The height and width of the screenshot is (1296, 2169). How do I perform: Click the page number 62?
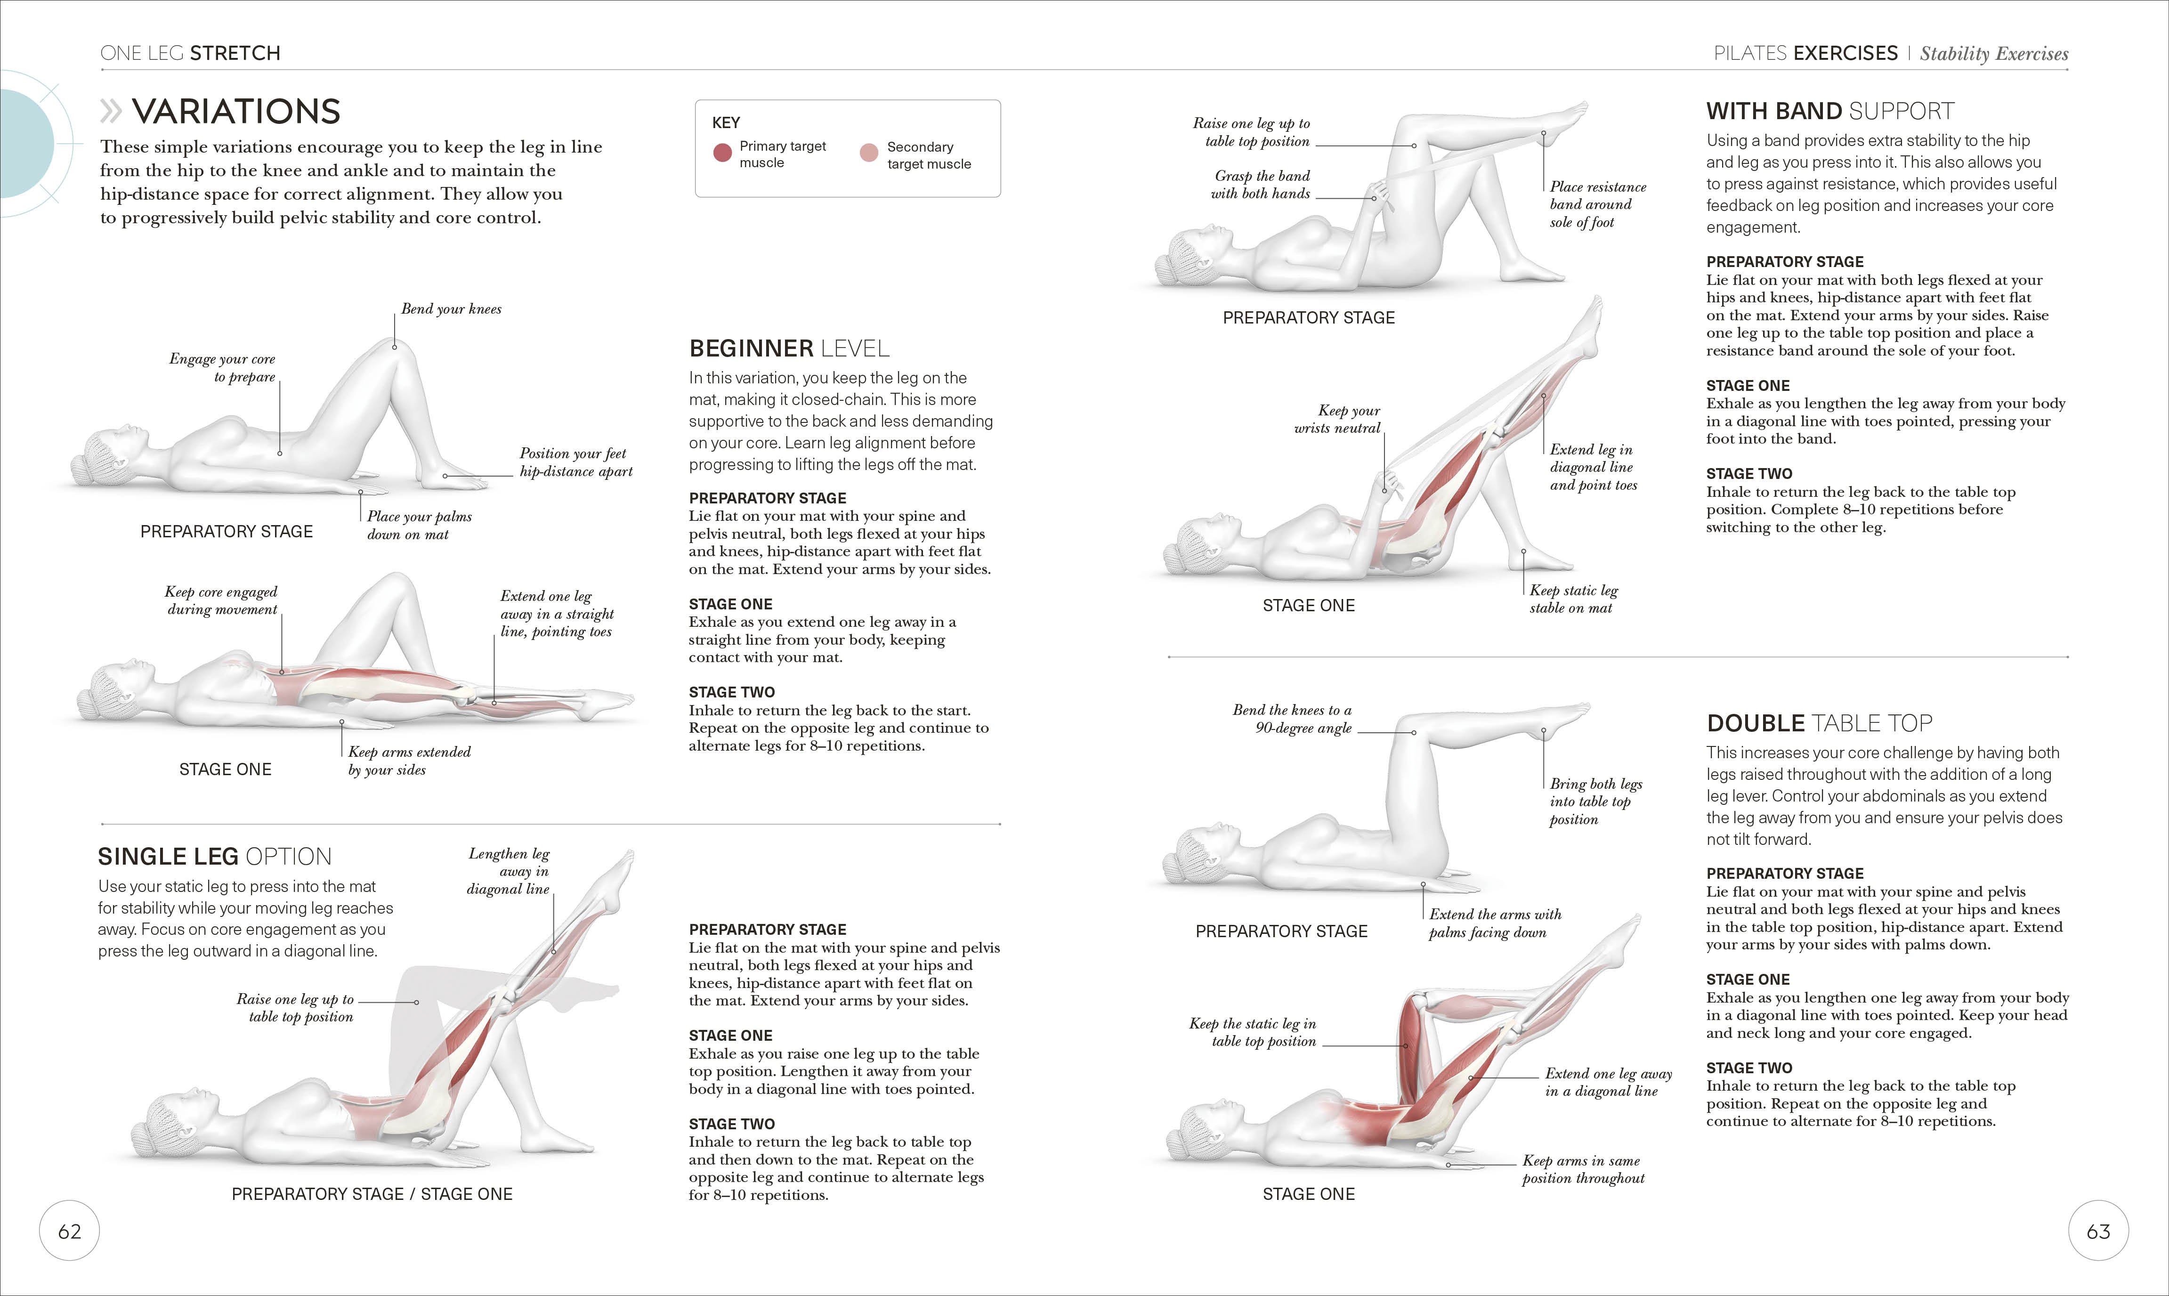point(69,1231)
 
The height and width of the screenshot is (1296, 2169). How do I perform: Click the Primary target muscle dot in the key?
point(722,154)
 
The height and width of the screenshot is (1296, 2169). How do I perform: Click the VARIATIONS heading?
point(236,112)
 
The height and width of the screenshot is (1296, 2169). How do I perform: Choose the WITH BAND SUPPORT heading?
point(1830,111)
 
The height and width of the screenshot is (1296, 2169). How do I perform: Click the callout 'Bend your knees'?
point(451,309)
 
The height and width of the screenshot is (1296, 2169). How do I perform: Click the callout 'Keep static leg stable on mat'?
point(1573,599)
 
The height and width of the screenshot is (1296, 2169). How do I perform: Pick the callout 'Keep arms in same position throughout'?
point(1582,1169)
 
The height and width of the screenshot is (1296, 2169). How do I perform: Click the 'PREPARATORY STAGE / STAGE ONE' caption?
point(372,1194)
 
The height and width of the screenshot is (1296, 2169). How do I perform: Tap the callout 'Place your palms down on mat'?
point(418,525)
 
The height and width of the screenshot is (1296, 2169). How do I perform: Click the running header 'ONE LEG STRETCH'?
point(190,53)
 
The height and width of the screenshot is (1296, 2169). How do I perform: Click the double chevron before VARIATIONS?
point(111,112)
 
